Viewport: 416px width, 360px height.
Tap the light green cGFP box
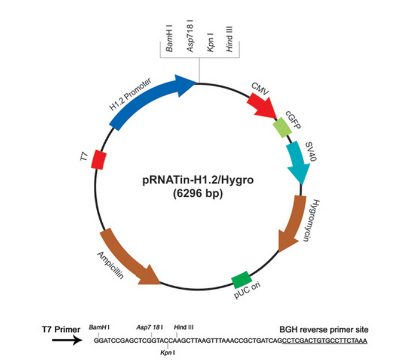(282, 127)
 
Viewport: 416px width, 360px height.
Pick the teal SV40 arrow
(298, 162)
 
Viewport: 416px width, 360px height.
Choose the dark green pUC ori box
(241, 280)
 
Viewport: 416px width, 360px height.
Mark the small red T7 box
(99, 160)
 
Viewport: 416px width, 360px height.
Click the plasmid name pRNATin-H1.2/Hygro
(198, 180)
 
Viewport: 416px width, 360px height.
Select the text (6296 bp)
(198, 193)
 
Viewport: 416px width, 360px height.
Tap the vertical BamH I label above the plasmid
(169, 38)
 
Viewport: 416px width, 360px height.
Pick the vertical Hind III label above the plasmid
(229, 39)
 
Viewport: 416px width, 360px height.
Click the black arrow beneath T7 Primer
(67, 340)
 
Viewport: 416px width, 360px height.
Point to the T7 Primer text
(61, 330)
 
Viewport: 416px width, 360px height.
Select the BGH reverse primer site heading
(324, 330)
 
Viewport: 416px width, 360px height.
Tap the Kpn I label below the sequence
(167, 353)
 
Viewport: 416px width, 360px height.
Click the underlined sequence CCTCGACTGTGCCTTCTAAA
(325, 341)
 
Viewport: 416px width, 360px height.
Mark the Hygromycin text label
(312, 220)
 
